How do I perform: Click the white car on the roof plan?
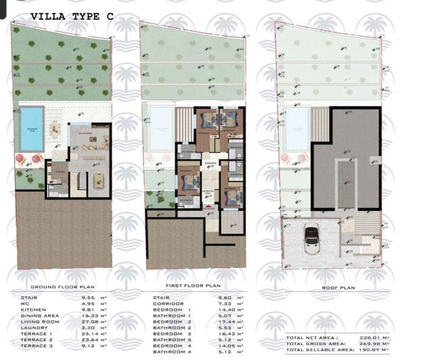click(313, 237)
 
